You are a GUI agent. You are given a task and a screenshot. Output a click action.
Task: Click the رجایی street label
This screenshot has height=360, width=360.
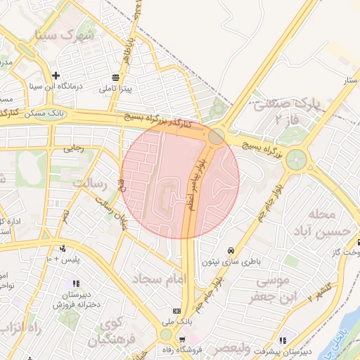coord(73,148)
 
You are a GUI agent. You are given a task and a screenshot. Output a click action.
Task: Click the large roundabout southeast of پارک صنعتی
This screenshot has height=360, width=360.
coord(296,157)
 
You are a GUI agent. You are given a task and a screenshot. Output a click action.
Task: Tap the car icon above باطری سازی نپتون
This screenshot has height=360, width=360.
coord(231,250)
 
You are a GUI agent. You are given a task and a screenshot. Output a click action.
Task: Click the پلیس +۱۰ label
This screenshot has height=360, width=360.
coord(63,259)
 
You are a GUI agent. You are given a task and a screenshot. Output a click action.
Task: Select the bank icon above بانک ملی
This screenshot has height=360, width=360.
coord(176,311)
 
